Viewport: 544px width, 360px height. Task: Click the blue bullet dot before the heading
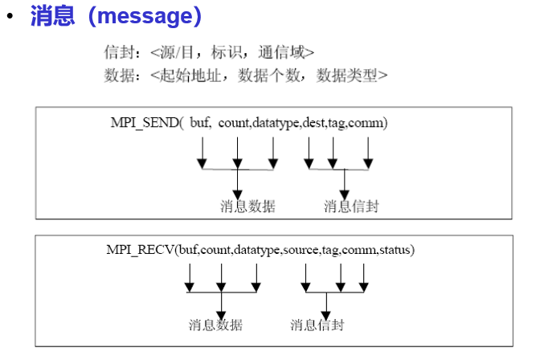pos(10,17)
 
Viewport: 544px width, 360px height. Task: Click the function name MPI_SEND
pos(144,122)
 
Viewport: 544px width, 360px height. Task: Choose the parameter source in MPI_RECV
pos(301,250)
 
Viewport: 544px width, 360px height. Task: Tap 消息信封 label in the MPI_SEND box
pos(351,207)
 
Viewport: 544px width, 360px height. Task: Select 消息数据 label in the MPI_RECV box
pos(215,325)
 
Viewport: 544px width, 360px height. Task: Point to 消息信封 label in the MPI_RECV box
pos(317,325)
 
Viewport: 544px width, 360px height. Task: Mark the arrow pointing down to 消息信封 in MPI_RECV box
pos(325,304)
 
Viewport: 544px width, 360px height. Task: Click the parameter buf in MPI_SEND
pos(199,122)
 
